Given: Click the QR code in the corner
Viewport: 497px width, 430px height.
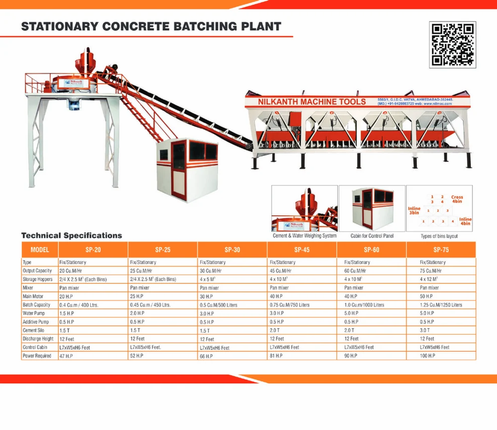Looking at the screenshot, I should pyautogui.click(x=452, y=44).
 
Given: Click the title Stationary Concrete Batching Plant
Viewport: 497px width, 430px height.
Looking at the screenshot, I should pyautogui.click(x=151, y=27).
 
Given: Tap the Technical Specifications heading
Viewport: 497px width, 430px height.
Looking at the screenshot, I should pyautogui.click(x=72, y=235).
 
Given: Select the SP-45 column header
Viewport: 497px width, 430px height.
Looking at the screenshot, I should pyautogui.click(x=302, y=250).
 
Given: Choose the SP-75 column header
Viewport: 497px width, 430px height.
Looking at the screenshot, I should pyautogui.click(x=441, y=250).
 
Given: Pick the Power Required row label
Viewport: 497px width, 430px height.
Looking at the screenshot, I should pyautogui.click(x=38, y=356).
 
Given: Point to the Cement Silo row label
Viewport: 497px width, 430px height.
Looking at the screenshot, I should pyautogui.click(x=35, y=330).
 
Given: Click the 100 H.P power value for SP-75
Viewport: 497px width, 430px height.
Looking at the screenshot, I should pyautogui.click(x=428, y=356).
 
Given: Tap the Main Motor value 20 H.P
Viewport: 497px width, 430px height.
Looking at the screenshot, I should pyautogui.click(x=67, y=297).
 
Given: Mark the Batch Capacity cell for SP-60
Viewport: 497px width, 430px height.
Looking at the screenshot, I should pyautogui.click(x=365, y=305).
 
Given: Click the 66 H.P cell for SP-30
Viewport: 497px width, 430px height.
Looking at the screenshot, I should pyautogui.click(x=206, y=356).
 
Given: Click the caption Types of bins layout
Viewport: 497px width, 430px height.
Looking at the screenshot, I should pyautogui.click(x=439, y=236).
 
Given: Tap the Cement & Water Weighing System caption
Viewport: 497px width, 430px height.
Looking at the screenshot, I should pyautogui.click(x=305, y=236).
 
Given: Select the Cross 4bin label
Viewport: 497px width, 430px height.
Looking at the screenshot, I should pyautogui.click(x=457, y=199).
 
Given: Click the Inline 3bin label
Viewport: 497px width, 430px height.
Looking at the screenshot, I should pyautogui.click(x=414, y=211).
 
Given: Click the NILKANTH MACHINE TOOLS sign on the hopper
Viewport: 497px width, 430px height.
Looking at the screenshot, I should pyautogui.click(x=312, y=102).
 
